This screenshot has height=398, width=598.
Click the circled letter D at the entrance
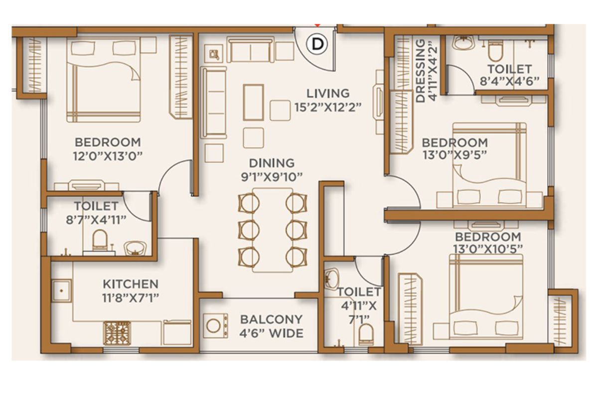317,44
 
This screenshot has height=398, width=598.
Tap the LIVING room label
328,94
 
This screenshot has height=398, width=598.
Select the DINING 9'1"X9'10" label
272,170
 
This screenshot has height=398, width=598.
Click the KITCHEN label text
131,284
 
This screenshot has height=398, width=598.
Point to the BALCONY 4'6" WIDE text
272,326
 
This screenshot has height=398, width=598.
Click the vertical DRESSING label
421,71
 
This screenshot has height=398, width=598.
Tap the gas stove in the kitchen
117,333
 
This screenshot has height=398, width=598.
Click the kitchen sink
61,291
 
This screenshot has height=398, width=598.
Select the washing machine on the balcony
215,326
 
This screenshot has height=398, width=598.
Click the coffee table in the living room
253,102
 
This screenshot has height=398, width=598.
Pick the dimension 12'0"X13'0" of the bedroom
108,156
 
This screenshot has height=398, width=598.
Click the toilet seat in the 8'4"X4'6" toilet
495,52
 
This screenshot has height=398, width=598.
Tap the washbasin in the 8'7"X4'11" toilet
136,248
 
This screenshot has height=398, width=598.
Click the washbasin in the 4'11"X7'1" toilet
331,278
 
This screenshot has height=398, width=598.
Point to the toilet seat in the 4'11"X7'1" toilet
366,334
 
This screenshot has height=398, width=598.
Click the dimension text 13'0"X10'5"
488,249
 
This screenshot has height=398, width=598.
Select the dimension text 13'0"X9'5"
454,155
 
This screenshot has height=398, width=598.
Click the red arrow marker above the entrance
317,25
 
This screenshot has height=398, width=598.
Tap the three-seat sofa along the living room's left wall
214,103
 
